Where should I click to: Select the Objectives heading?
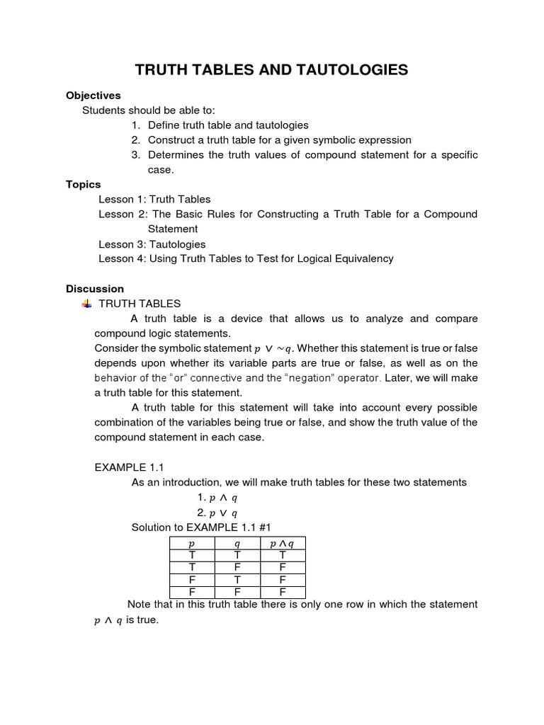(93, 96)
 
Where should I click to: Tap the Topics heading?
(84, 184)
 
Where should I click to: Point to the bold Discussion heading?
(95, 289)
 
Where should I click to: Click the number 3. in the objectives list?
(136, 155)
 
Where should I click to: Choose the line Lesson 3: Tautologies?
(152, 244)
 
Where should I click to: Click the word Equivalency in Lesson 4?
(363, 259)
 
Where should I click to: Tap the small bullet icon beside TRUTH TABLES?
(87, 304)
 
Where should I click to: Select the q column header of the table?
(237, 543)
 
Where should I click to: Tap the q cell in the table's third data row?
(237, 580)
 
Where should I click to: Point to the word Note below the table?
(140, 605)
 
